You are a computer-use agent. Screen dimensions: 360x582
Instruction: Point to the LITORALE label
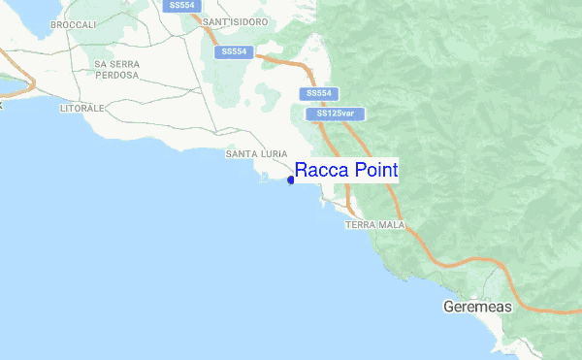click(81, 108)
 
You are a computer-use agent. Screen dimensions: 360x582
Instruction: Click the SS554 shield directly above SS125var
click(319, 93)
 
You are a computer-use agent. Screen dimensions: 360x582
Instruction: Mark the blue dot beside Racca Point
click(291, 180)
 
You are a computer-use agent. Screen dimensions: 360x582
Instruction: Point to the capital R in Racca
click(302, 171)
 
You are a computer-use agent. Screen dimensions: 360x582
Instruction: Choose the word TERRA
click(359, 224)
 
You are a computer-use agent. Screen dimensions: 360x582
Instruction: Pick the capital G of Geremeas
click(448, 308)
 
